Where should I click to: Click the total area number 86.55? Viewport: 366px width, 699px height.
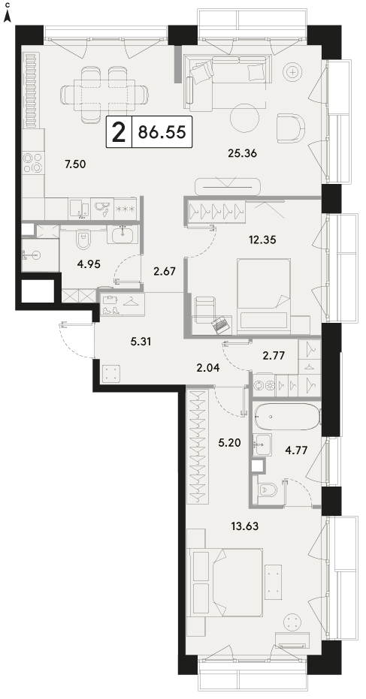coord(162,132)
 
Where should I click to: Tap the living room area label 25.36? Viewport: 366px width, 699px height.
coord(242,154)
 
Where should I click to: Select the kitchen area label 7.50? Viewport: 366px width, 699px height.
coord(75,164)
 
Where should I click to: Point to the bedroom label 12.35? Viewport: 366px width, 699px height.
coord(262,240)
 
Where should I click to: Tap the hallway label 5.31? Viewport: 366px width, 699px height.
coord(141,342)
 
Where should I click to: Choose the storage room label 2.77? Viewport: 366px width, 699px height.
coord(274,355)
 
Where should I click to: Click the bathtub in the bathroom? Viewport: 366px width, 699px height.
coord(286,417)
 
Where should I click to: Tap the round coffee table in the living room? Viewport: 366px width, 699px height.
coord(244,117)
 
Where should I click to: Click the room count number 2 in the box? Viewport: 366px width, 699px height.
coord(119,132)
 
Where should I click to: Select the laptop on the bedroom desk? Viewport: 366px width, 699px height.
coord(222,324)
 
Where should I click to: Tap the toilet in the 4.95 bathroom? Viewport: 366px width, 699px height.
coord(83,240)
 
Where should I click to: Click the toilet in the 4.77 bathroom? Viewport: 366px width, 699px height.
coord(267,490)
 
